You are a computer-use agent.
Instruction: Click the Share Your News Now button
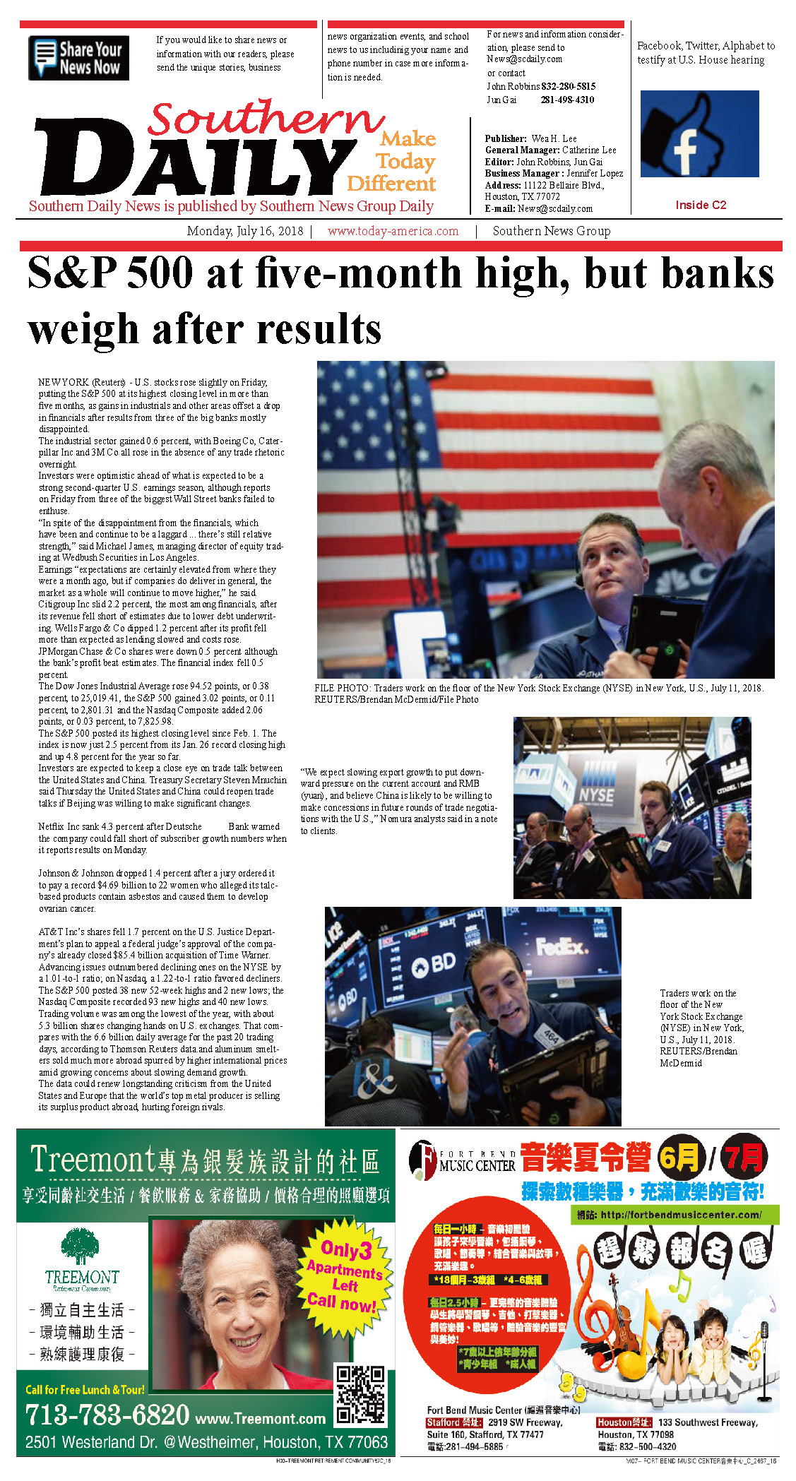(x=78, y=58)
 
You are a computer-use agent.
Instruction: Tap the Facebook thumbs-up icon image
(x=699, y=133)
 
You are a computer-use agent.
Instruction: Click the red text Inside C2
(x=700, y=205)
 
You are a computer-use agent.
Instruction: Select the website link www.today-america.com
(x=393, y=231)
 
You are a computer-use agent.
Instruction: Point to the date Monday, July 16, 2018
(x=244, y=231)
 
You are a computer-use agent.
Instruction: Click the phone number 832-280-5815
(x=568, y=86)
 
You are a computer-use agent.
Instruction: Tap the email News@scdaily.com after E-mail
(x=555, y=208)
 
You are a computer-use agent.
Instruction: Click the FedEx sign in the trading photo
(x=561, y=946)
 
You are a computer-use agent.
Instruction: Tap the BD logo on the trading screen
(x=433, y=963)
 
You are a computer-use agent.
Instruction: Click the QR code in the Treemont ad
(x=360, y=1396)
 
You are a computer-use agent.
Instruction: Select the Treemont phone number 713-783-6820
(x=107, y=1415)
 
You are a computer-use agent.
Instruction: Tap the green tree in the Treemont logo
(x=78, y=1246)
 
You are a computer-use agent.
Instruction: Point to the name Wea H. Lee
(x=554, y=138)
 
